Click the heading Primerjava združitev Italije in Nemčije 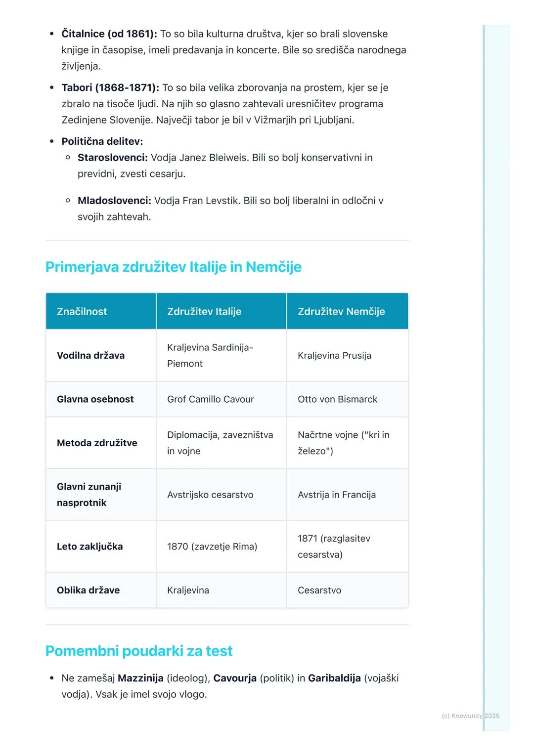click(x=173, y=267)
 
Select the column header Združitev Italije click(x=204, y=311)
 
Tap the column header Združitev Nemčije click(x=341, y=311)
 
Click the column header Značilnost click(x=82, y=311)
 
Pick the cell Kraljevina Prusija click(x=334, y=355)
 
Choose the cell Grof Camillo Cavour click(x=210, y=399)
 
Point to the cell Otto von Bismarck click(x=337, y=399)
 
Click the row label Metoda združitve click(x=97, y=443)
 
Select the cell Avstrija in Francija click(x=337, y=495)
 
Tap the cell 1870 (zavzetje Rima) click(x=212, y=546)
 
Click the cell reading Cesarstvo click(x=319, y=590)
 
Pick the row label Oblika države click(x=88, y=590)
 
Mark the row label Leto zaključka click(x=89, y=546)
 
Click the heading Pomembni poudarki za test click(x=139, y=651)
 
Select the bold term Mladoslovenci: click(x=114, y=201)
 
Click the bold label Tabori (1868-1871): click(x=110, y=87)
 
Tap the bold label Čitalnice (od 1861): click(x=109, y=34)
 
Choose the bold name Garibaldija click(x=334, y=678)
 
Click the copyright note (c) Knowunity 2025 click(x=470, y=715)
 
